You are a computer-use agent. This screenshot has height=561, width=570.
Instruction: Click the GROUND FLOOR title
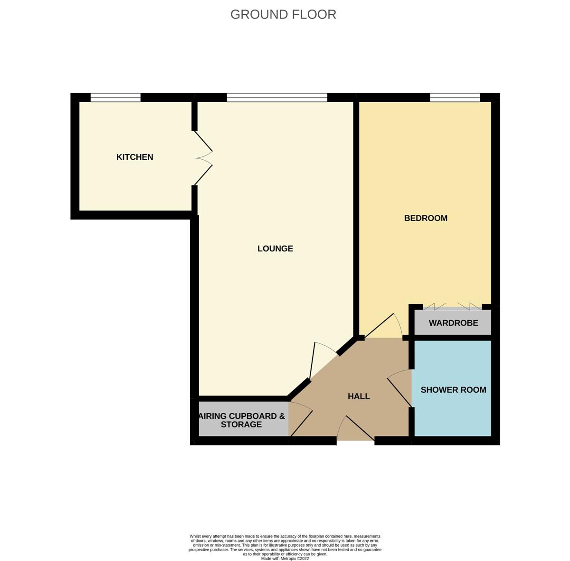click(x=283, y=15)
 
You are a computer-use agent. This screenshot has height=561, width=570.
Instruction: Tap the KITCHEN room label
click(x=134, y=157)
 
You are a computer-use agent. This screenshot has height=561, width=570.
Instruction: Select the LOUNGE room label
click(x=275, y=249)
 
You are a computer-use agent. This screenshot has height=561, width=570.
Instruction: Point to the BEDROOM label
click(x=426, y=218)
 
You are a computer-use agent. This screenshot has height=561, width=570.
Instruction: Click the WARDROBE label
click(x=453, y=323)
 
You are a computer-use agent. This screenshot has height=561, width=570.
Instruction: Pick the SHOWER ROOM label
click(x=453, y=390)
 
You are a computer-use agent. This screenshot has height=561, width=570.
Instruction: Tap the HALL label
click(x=359, y=397)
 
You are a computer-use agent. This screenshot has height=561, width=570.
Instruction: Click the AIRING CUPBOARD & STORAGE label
click(x=242, y=420)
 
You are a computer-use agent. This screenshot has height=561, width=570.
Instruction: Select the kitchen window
click(x=115, y=97)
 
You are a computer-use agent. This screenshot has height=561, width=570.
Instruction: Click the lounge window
click(x=277, y=97)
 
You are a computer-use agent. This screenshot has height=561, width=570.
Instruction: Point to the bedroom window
click(x=455, y=97)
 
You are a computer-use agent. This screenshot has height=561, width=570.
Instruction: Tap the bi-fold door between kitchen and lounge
click(x=203, y=158)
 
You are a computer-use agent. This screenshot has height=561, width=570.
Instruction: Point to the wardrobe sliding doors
click(x=453, y=307)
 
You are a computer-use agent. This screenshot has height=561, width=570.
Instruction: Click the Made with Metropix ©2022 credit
click(x=285, y=558)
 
